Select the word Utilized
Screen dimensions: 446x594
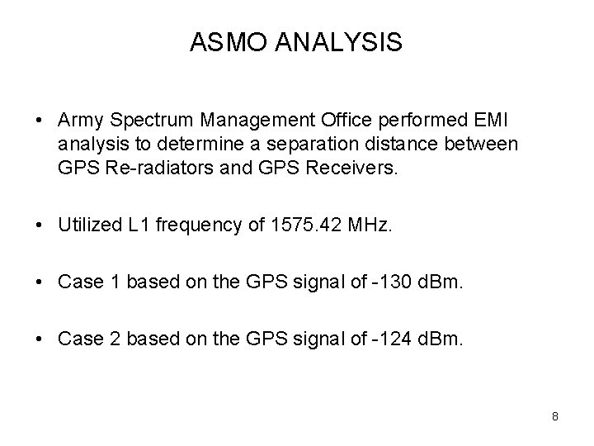(87, 225)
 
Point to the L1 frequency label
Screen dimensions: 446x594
(134, 225)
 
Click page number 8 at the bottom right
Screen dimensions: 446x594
(555, 416)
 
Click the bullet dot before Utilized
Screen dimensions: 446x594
(40, 225)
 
